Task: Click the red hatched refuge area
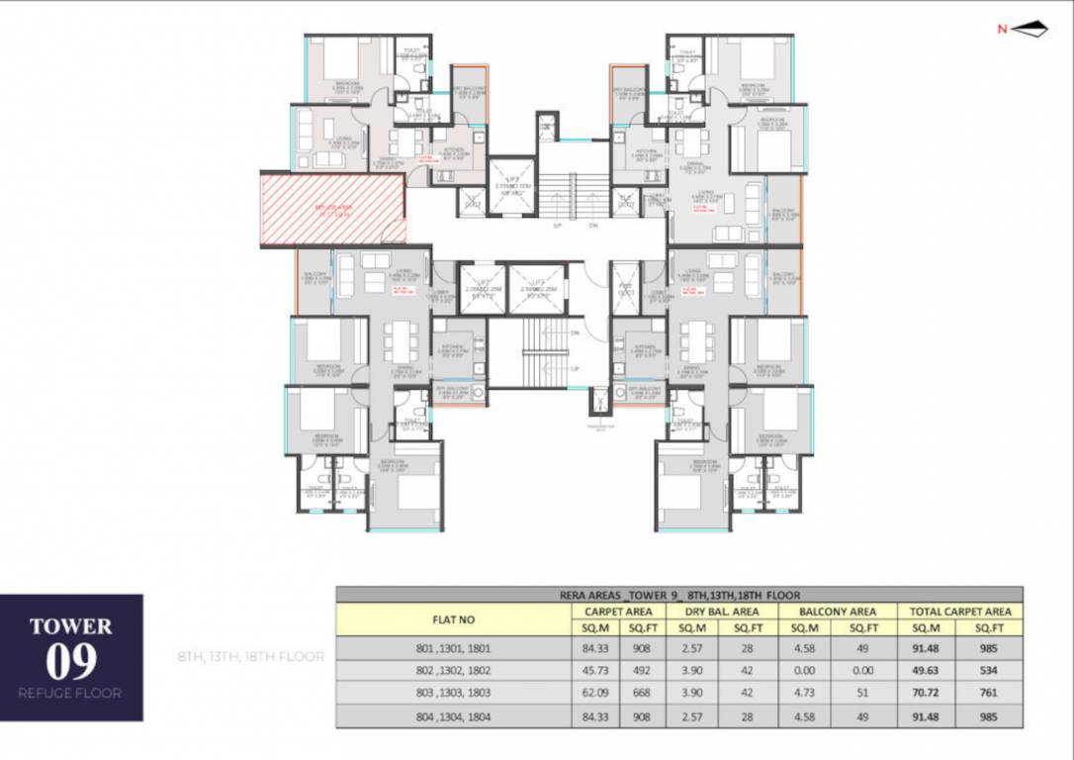332,208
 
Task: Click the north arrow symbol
1029,30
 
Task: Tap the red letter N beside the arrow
1002,30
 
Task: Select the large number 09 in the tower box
71,661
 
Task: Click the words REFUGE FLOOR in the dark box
70,693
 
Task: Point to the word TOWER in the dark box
71,626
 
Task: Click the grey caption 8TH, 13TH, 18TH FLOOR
250,656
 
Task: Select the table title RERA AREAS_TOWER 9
679,595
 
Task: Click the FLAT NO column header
453,619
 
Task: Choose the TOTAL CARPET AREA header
959,612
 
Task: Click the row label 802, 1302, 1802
453,672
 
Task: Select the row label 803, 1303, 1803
453,695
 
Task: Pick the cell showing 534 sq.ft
991,672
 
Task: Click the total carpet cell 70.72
928,695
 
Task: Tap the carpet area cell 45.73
594,672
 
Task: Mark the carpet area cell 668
644,695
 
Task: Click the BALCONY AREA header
836,612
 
